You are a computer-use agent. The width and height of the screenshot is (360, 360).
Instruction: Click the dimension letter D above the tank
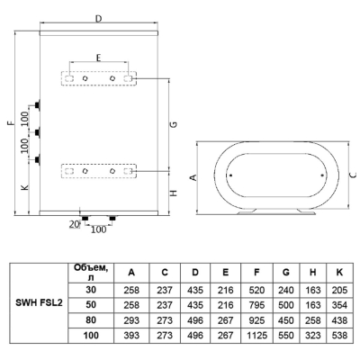coord(99,18)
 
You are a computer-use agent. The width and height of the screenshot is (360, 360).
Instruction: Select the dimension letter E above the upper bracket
coord(98,58)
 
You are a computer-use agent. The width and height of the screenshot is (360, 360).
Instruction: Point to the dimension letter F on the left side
coord(11,122)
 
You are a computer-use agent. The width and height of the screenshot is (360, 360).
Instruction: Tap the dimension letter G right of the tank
coord(174,124)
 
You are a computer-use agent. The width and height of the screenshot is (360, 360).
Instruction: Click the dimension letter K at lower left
coord(25,187)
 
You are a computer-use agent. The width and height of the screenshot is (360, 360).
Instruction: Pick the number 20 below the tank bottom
coord(74,224)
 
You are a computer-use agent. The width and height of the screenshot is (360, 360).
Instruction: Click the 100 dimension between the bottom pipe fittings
coord(98,229)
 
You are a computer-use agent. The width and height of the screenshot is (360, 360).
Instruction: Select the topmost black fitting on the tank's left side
coord(38,105)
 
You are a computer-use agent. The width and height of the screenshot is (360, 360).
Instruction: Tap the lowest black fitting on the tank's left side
coord(38,159)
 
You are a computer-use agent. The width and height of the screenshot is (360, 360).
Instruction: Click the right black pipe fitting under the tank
coord(112,219)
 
